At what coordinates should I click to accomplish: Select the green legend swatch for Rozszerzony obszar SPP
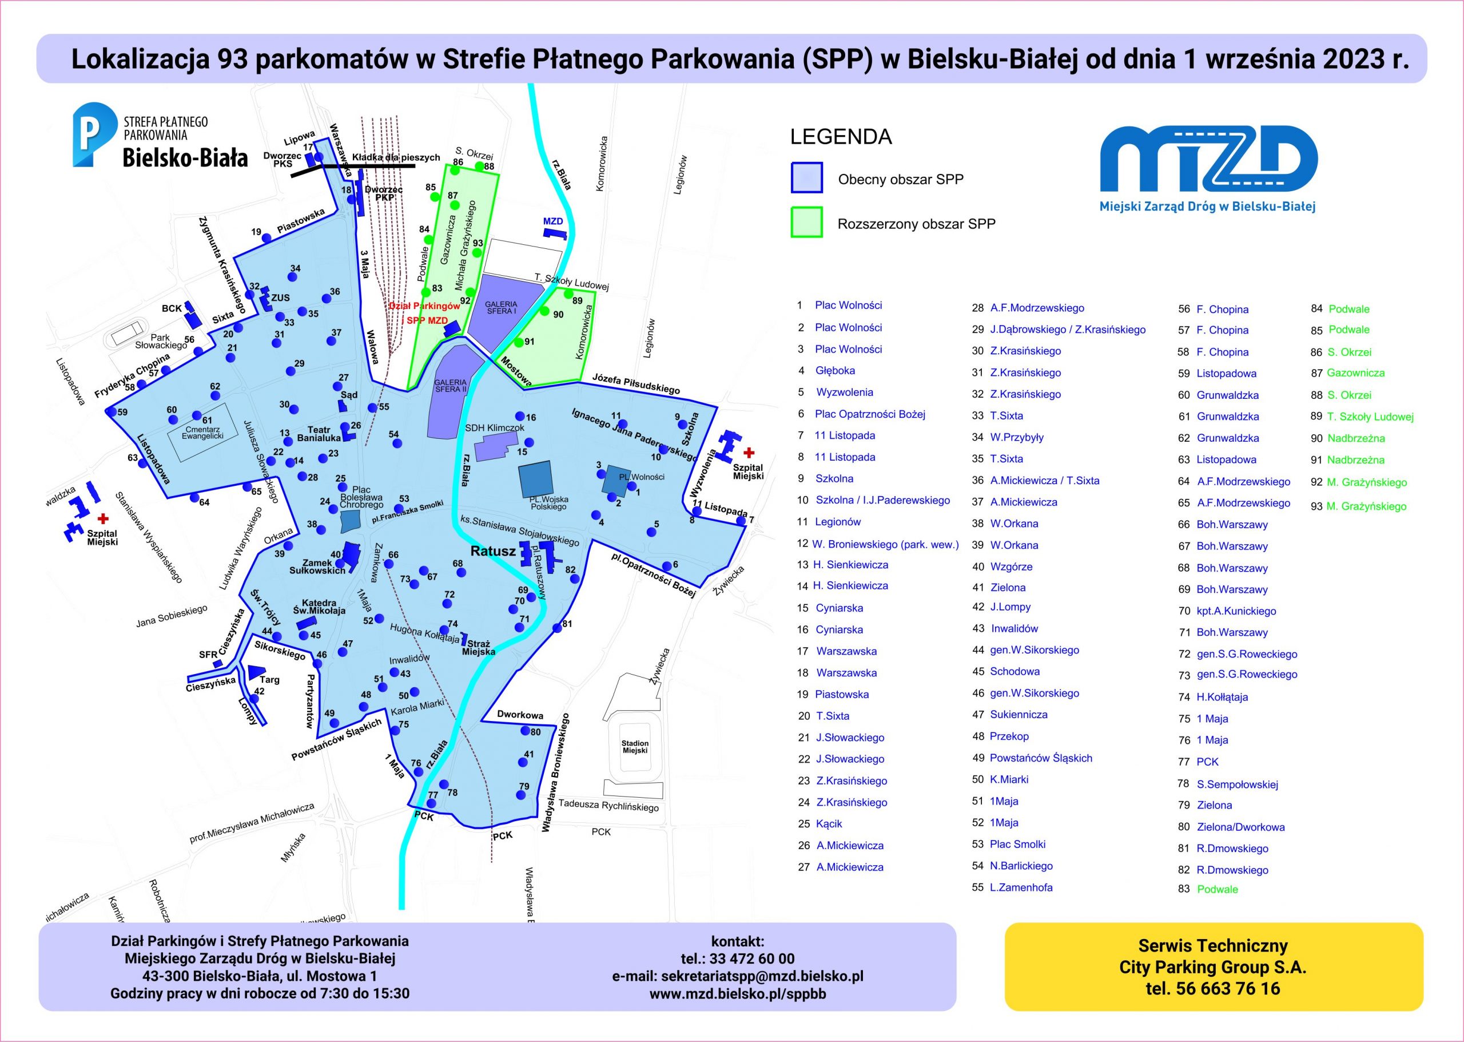(807, 223)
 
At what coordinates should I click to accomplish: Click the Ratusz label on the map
(492, 551)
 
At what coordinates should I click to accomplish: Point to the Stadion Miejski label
(635, 747)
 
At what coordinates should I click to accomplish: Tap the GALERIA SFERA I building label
(501, 307)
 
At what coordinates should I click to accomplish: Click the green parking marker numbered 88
(479, 166)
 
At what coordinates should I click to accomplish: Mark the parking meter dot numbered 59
(112, 412)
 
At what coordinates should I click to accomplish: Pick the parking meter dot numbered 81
(557, 629)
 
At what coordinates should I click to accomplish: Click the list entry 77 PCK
(1198, 762)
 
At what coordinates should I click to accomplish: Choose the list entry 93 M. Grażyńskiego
(1358, 506)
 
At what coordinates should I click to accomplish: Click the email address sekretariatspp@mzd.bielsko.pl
(738, 977)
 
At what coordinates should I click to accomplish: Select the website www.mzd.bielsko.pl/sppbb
(738, 994)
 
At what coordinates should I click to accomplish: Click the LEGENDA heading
(841, 137)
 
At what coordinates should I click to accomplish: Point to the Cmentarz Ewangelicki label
(202, 433)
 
